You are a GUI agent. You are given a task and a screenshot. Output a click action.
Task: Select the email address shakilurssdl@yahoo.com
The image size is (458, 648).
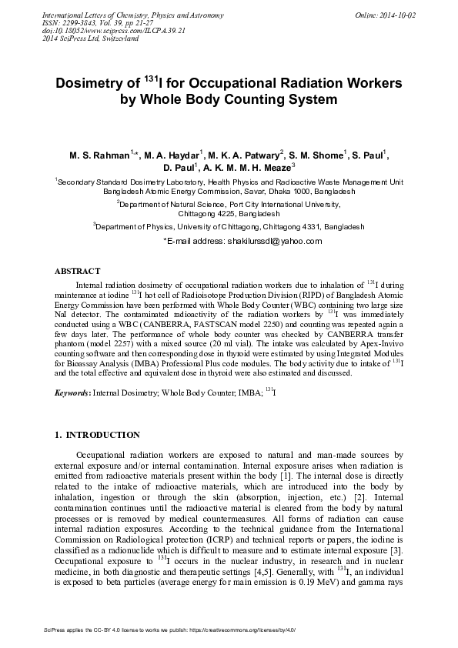pos(273,241)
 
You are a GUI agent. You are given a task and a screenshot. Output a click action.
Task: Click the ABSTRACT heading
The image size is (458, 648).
pos(77,272)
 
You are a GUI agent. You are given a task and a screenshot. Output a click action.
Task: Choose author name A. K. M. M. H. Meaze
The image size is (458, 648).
pos(246,168)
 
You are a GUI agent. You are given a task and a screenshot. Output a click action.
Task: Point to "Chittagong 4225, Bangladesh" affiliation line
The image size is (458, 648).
pos(229,213)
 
